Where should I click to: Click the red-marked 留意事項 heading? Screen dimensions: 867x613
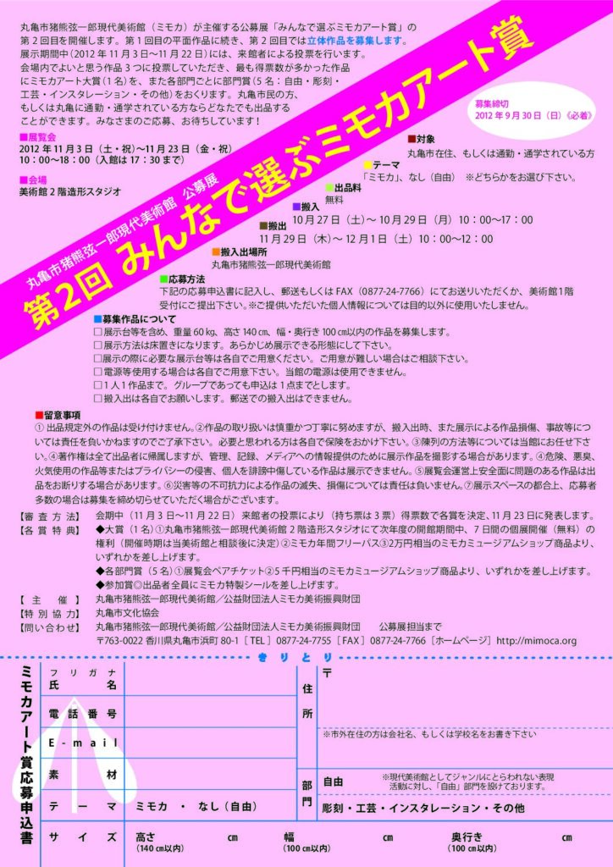pos(62,415)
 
